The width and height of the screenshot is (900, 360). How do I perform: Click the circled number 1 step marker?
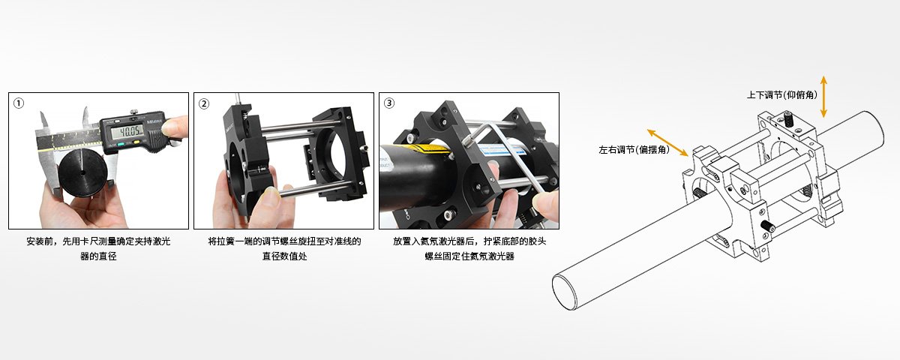point(19,103)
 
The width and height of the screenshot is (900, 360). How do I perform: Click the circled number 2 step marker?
point(204,103)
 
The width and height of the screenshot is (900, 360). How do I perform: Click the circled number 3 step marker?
point(389,103)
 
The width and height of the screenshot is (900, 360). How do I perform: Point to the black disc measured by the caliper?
point(82,172)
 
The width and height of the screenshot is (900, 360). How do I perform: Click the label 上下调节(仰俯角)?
point(781,95)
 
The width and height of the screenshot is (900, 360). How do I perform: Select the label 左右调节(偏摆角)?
point(634,150)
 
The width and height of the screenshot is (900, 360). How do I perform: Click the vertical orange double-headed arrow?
point(823,97)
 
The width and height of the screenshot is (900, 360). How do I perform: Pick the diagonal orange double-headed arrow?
point(667,142)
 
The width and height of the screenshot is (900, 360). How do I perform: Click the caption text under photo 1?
point(98,249)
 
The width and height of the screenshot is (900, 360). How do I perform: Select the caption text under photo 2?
point(284,249)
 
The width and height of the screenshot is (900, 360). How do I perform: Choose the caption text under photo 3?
point(469,249)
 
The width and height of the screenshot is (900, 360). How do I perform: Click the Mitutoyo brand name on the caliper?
point(155,121)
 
